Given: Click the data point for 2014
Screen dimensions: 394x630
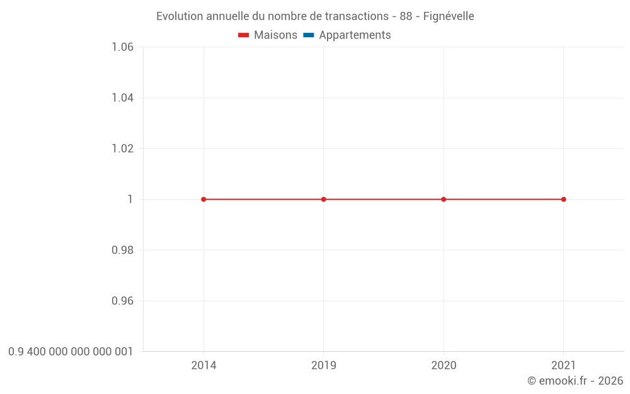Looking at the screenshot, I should [x=203, y=199].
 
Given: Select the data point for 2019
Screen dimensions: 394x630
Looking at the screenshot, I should [x=324, y=199].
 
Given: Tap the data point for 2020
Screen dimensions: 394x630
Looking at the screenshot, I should [x=444, y=199].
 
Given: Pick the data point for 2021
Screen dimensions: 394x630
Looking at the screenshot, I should [x=563, y=199].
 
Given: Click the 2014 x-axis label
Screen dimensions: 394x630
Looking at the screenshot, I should [x=203, y=365].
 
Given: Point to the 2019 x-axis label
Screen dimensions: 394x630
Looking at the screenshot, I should [x=324, y=365].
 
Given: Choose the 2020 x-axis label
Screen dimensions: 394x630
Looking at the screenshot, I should [x=444, y=365].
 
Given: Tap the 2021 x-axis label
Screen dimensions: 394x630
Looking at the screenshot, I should [x=563, y=365].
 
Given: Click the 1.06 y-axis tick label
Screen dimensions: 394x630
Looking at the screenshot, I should [x=122, y=47].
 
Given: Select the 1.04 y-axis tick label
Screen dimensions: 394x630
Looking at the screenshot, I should [x=122, y=98].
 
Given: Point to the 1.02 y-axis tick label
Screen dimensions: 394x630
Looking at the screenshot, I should [x=122, y=149].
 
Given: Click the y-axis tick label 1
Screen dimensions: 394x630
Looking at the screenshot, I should [x=130, y=199].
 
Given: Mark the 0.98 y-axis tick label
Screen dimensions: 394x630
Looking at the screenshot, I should [x=122, y=250].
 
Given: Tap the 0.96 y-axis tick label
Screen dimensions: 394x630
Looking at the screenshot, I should [x=122, y=301].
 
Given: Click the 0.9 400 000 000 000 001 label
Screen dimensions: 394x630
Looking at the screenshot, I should [x=71, y=352].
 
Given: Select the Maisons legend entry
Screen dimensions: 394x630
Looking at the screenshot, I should [x=268, y=35].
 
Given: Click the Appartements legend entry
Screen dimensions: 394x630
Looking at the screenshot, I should [x=347, y=35].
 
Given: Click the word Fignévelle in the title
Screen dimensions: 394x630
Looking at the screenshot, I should [x=449, y=16].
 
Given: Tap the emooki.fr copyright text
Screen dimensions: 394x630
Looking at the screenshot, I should [x=575, y=381].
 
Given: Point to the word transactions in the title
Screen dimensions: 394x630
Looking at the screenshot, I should [x=357, y=16].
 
